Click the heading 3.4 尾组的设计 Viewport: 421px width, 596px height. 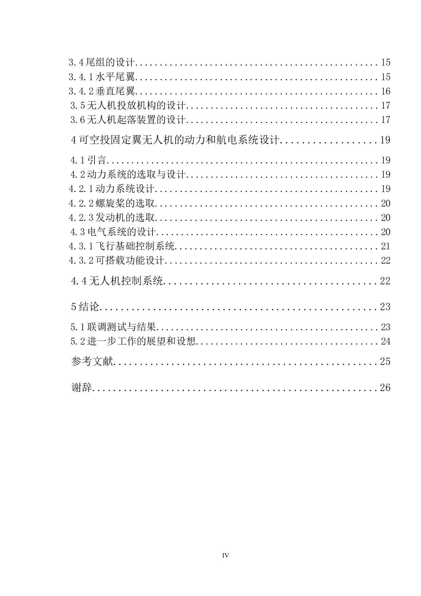(102, 63)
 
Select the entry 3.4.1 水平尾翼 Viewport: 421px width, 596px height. (102, 77)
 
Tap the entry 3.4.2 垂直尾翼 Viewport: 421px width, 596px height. (102, 91)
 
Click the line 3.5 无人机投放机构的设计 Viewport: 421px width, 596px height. (128, 105)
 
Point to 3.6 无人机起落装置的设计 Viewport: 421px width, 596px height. (128, 120)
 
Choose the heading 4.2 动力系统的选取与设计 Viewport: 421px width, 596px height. (128, 175)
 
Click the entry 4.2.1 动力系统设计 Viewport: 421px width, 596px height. (112, 189)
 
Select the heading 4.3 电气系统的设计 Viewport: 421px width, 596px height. (113, 232)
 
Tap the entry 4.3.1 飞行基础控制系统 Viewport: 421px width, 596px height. (122, 246)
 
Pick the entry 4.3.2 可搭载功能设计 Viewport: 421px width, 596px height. (116, 260)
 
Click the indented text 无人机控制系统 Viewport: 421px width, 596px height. (126, 280)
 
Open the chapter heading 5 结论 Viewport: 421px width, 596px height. (85, 306)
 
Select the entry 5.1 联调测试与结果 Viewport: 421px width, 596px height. (113, 327)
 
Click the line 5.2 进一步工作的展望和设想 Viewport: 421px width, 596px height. (133, 341)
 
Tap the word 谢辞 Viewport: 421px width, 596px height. (81, 387)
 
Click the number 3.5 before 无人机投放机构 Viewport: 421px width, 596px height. (78, 106)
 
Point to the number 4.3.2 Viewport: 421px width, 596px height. (81, 261)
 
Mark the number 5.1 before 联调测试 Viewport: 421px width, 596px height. (78, 327)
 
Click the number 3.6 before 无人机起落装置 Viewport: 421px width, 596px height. (78, 120)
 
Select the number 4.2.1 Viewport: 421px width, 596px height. (81, 189)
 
